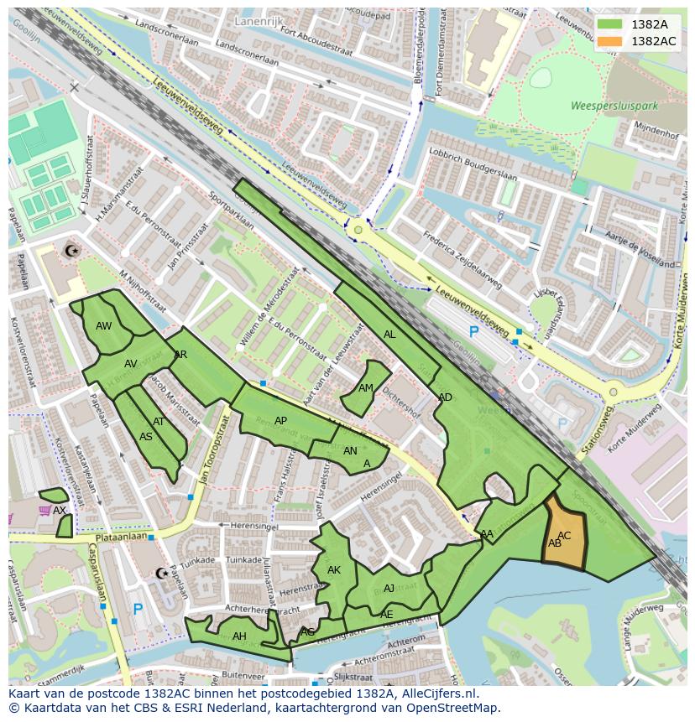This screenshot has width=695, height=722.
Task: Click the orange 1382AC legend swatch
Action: point(610,41)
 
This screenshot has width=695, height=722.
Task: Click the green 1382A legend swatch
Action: point(610,24)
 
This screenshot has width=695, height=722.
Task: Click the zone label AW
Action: point(104,326)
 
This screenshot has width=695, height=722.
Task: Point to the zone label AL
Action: point(389,335)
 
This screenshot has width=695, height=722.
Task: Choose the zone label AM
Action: point(366,388)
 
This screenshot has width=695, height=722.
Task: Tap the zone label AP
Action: point(280,421)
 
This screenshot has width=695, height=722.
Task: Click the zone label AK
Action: point(334,570)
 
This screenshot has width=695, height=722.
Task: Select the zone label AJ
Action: point(389,589)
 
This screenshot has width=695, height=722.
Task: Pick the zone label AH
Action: point(239,636)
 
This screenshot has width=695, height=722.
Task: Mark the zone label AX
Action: point(59,510)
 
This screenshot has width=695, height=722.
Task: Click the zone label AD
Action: point(445,397)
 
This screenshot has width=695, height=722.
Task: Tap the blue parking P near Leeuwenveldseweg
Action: point(473,332)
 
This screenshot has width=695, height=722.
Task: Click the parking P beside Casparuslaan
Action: point(138,610)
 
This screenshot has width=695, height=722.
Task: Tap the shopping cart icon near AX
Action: point(44,510)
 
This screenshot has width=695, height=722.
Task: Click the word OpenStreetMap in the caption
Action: point(454,708)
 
